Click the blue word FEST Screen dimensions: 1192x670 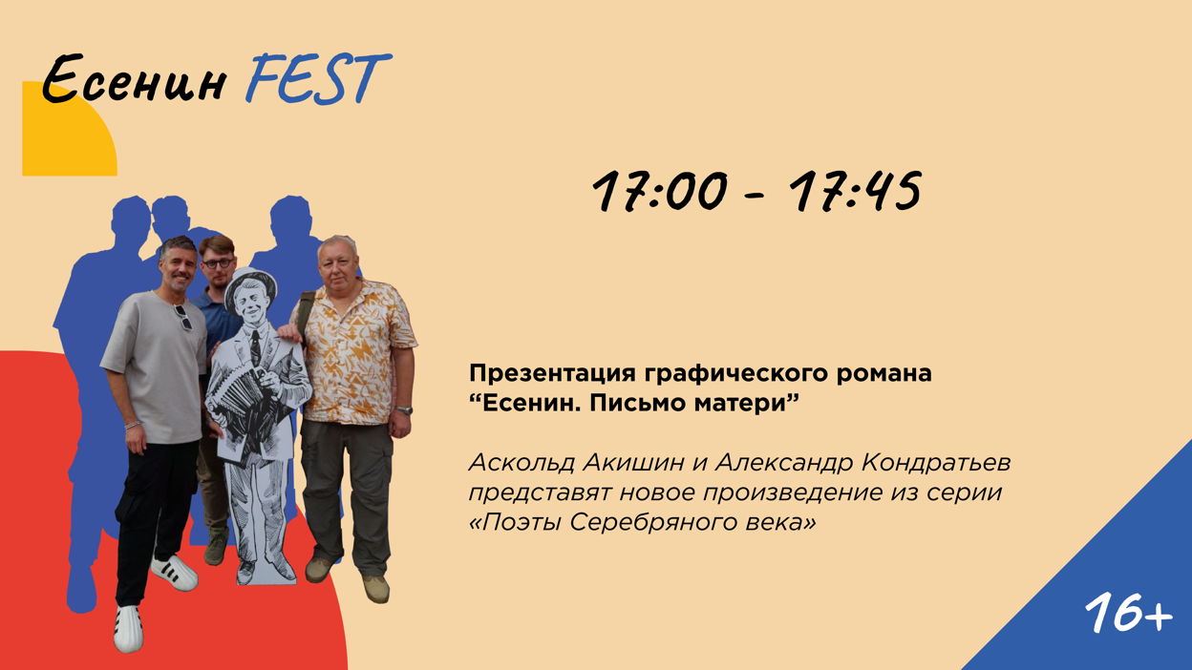tap(318, 78)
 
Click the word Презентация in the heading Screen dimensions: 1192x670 tap(552, 374)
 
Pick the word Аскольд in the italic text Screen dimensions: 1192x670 tap(521, 463)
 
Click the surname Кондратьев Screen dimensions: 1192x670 tap(936, 463)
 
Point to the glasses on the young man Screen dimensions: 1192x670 tap(218, 262)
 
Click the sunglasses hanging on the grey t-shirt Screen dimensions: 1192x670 tap(182, 318)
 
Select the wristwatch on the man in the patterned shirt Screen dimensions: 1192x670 tap(404, 410)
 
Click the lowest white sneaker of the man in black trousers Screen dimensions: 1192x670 tap(128, 629)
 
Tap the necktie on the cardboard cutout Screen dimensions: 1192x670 tap(256, 346)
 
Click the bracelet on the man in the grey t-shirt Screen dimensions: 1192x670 tap(133, 425)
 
